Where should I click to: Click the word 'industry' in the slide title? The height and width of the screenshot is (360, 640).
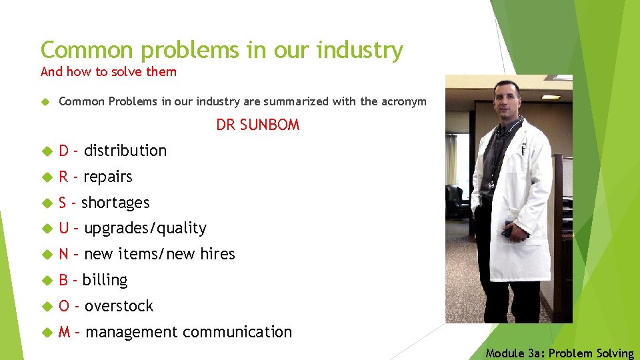pyautogui.click(x=361, y=50)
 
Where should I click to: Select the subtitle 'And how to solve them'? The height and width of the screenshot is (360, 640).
pyautogui.click(x=109, y=71)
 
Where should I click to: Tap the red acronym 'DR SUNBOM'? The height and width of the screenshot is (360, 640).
pyautogui.click(x=257, y=125)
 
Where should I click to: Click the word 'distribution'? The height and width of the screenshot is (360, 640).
pyautogui.click(x=125, y=151)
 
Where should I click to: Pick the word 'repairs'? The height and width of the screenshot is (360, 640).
pyautogui.click(x=108, y=177)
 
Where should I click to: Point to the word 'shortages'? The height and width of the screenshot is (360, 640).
pyautogui.click(x=115, y=203)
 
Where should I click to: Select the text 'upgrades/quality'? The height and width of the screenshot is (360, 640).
pyautogui.click(x=145, y=228)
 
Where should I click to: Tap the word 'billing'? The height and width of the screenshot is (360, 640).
pyautogui.click(x=105, y=280)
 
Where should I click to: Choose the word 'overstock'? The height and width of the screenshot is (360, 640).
pyautogui.click(x=119, y=306)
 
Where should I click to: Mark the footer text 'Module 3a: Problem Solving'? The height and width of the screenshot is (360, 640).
pyautogui.click(x=559, y=353)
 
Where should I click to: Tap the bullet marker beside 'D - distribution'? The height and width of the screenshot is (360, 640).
pyautogui.click(x=45, y=151)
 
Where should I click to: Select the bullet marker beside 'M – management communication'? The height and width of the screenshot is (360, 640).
pyautogui.click(x=45, y=332)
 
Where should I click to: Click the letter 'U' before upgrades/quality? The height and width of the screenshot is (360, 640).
pyautogui.click(x=64, y=228)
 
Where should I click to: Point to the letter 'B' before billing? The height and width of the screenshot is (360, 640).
pyautogui.click(x=64, y=280)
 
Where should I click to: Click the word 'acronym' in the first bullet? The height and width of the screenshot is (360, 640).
pyautogui.click(x=403, y=101)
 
